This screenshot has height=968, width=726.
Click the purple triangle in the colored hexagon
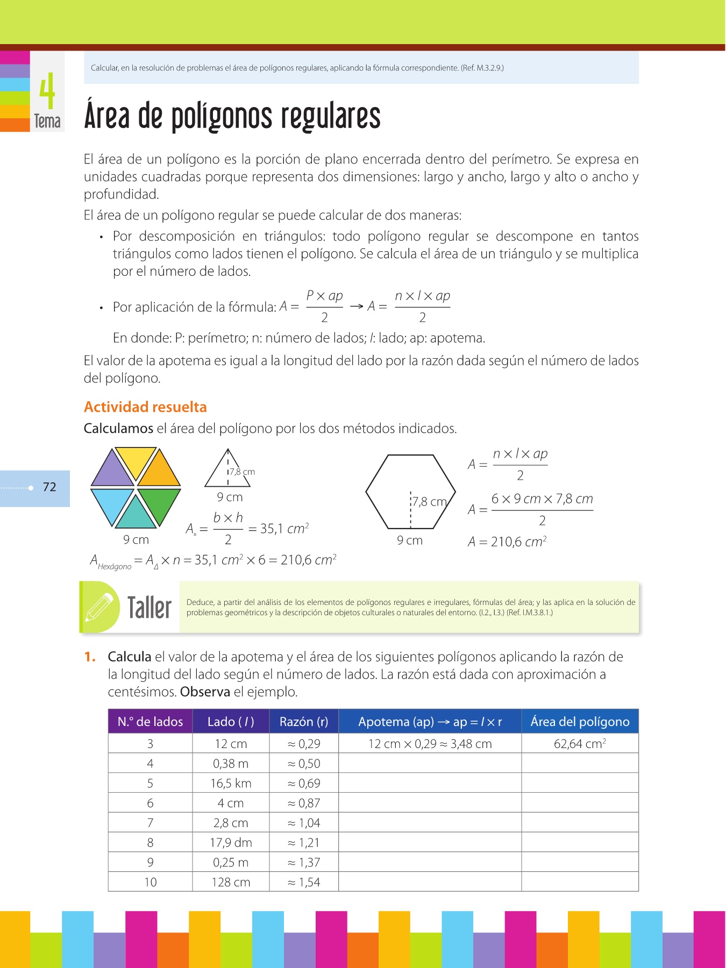tap(112, 469)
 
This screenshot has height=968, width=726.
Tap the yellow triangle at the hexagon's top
tap(136, 460)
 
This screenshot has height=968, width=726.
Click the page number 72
tap(49, 487)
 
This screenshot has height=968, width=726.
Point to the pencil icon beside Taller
tap(99, 607)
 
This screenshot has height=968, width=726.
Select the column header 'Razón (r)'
tap(304, 722)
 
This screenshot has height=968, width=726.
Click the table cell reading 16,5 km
tap(231, 784)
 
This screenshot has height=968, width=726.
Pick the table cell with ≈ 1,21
tap(304, 843)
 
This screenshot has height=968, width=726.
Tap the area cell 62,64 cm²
tap(580, 744)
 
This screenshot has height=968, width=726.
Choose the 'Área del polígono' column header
tap(580, 722)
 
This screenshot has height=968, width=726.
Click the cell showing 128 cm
tap(231, 882)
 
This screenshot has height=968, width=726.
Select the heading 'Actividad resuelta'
tap(145, 407)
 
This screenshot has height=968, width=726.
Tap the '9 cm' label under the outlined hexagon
tap(410, 540)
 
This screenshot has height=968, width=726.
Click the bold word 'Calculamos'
tap(118, 429)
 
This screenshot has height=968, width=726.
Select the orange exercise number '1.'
tap(90, 657)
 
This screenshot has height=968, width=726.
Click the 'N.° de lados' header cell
tap(150, 722)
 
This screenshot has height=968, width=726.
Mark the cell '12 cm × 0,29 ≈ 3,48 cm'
tap(430, 744)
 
